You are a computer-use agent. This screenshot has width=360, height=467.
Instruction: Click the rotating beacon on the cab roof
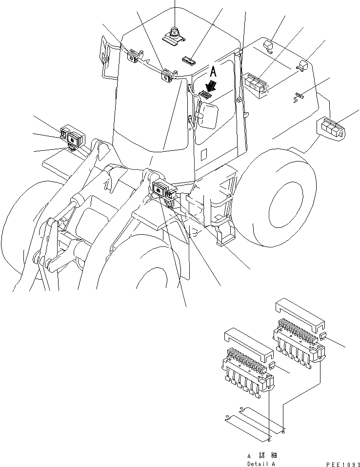click(x=175, y=35)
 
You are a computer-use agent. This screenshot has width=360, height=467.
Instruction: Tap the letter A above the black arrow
click(x=213, y=72)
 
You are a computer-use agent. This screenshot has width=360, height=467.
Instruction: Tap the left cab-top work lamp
click(x=132, y=57)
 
